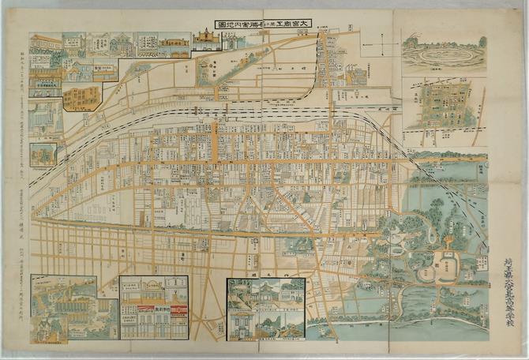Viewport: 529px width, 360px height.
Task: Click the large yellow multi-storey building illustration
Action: [82, 97]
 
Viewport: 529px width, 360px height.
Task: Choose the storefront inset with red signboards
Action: [154, 308]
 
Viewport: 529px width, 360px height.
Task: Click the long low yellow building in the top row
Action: [174, 47]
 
